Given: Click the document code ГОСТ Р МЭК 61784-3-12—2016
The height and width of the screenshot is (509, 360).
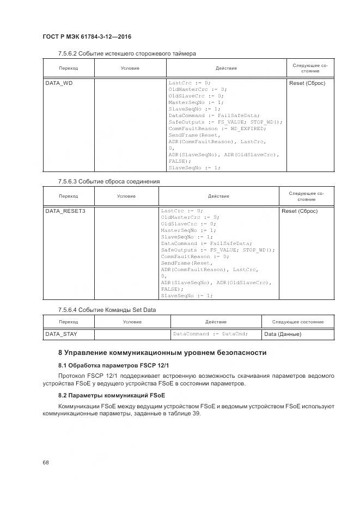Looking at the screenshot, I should coord(87,36).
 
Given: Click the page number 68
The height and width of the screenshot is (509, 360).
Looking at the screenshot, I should coord(46,462).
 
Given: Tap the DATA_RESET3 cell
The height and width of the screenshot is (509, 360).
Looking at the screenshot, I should coord(65,211).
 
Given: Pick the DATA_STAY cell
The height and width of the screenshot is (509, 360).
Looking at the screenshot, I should coord(61,334).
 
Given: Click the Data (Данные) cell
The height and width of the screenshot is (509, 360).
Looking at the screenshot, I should coord(283,334).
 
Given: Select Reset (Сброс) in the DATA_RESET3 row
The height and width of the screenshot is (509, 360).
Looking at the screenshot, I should coord(300,211).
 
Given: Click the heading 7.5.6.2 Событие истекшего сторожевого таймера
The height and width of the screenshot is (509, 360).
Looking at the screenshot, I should coord(127,53).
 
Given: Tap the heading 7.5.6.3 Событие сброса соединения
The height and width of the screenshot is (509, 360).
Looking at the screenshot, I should coord(109,181).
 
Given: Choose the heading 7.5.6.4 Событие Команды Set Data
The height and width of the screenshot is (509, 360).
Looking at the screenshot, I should coord(107,310).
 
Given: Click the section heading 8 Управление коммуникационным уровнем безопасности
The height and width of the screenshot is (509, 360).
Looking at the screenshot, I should coord(162,353).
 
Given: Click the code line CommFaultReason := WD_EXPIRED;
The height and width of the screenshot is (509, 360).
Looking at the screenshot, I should coord(217,128).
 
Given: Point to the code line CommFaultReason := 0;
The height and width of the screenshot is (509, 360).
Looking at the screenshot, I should coord(195,256).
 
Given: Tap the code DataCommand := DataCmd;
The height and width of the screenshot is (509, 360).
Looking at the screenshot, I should coord(210,334).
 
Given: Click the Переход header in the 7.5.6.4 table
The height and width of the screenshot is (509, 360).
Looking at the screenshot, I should coord(68,322).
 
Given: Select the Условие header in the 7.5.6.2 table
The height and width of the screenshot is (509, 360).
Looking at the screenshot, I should coord(130,68).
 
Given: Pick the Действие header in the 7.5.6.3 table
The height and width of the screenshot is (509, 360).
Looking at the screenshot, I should coord(218,196).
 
